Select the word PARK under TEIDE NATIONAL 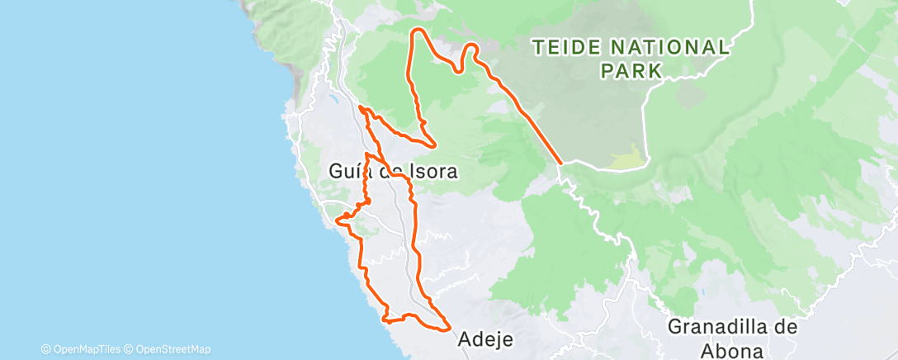pos(632,71)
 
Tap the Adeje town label pos(485,339)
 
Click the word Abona pos(733,351)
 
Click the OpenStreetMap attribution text pos(173,349)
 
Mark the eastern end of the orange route pos(560,163)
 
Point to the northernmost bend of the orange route pos(418,31)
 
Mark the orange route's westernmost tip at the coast pos(338,220)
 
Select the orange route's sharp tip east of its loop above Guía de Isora pos(434,144)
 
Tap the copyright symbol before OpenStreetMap pos(130,349)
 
